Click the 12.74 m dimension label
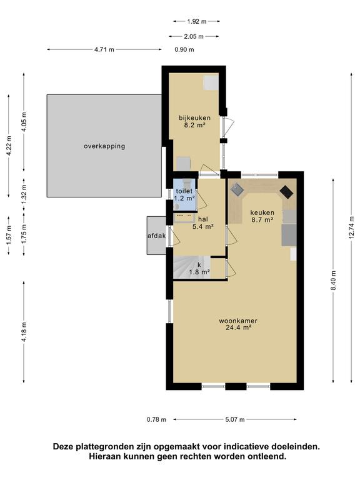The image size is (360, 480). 352,227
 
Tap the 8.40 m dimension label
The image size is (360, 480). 334,281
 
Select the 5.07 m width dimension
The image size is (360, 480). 235,419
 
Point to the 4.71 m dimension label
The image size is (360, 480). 104,49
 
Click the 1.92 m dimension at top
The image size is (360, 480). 197,21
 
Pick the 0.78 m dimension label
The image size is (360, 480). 156,419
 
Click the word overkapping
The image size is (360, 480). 104,146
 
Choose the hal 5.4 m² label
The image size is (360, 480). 202,223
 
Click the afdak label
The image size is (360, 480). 157,236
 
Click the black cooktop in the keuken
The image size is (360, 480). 286,192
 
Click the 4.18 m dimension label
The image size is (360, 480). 24,332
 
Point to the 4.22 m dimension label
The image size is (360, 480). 9,146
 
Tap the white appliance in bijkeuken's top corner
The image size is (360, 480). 211,82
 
